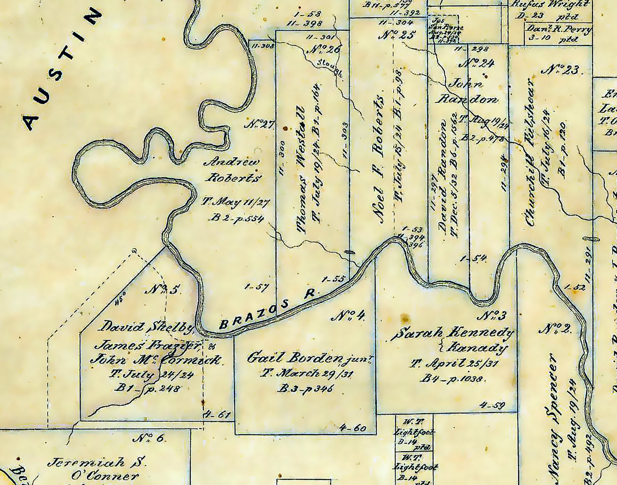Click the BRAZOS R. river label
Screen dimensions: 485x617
point(268,309)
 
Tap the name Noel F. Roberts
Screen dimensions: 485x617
point(379,160)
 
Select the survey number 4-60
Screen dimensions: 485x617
point(353,428)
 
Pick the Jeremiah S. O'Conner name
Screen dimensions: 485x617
point(97,469)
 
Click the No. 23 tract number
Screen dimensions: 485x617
point(562,70)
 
